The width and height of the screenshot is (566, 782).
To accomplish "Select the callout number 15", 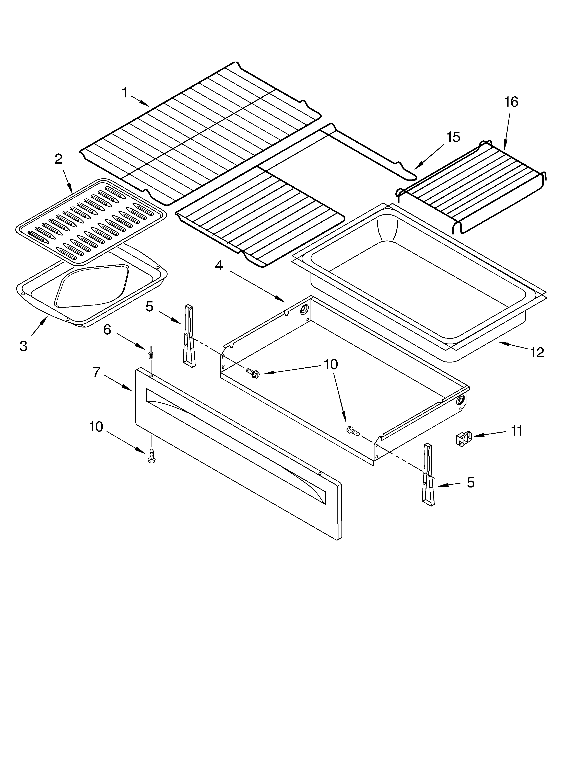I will coord(453,137).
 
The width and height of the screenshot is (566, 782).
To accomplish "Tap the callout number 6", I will coord(107,330).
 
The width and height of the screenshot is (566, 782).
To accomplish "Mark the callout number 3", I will coord(23,346).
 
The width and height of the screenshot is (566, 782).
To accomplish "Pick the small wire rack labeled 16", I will coord(472,186).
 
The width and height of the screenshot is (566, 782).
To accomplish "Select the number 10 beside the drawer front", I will coord(96,427).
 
